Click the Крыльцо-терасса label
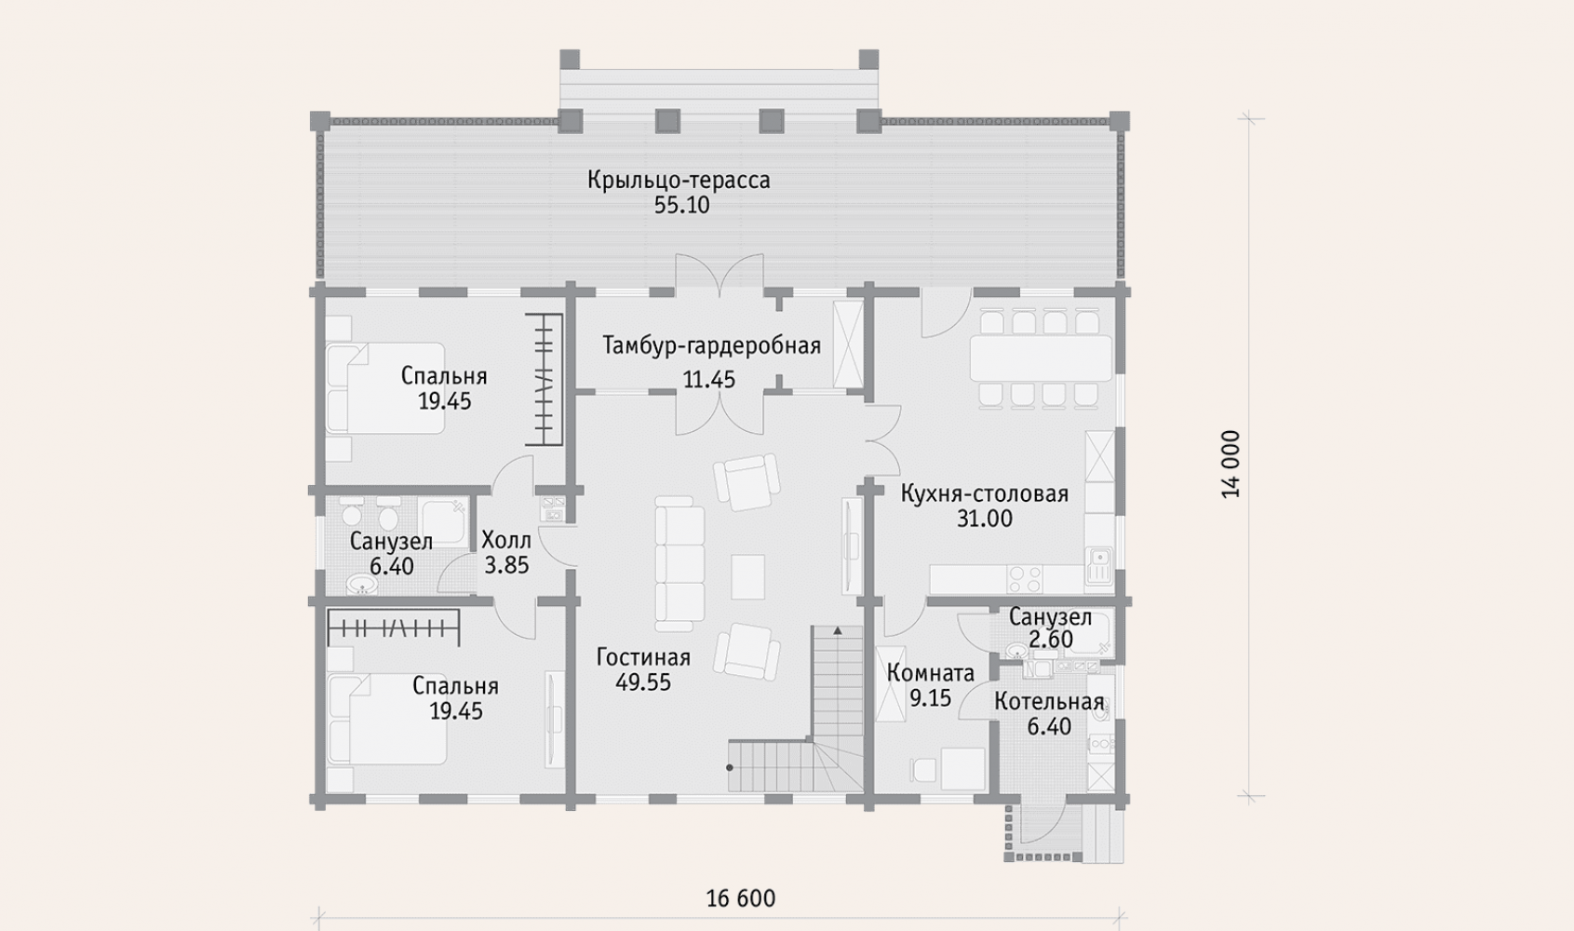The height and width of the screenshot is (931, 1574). pyautogui.click(x=679, y=181)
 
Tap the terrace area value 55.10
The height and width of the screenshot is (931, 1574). pyautogui.click(x=681, y=205)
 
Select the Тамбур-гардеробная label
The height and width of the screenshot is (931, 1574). pyautogui.click(x=712, y=345)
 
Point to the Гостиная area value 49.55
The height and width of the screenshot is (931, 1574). pyautogui.click(x=643, y=682)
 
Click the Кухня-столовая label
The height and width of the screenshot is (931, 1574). pyautogui.click(x=985, y=494)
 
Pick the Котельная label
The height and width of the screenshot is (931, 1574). pyautogui.click(x=1049, y=702)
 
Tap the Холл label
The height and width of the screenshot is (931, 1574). pyautogui.click(x=506, y=540)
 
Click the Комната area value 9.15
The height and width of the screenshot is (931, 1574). pyautogui.click(x=931, y=698)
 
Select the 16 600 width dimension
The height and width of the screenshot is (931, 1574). pyautogui.click(x=741, y=898)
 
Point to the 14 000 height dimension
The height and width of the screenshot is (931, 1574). pyautogui.click(x=1231, y=465)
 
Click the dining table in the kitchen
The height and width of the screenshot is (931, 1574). pyautogui.click(x=1042, y=358)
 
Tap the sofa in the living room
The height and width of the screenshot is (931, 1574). pyautogui.click(x=679, y=563)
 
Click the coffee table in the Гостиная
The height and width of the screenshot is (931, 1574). pyautogui.click(x=747, y=577)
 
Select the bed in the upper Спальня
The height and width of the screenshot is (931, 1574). pyautogui.click(x=385, y=388)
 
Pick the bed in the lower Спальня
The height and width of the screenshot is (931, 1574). pyautogui.click(x=386, y=719)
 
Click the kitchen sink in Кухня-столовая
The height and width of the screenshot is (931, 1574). pyautogui.click(x=1098, y=566)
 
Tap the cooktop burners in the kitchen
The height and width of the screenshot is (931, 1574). pyautogui.click(x=1025, y=580)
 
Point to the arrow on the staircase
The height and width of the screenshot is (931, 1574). pyautogui.click(x=838, y=631)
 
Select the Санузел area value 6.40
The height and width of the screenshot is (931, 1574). pyautogui.click(x=391, y=566)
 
